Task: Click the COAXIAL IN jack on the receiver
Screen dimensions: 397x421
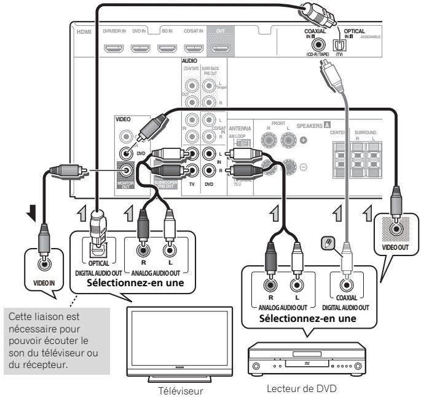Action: pos(318,44)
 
